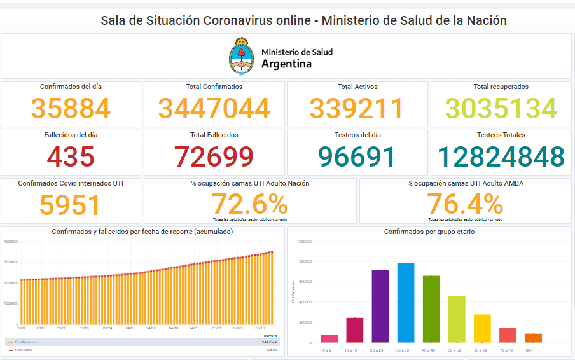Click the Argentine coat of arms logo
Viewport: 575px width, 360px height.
[x=240, y=56]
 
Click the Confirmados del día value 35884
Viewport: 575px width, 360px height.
[x=71, y=109]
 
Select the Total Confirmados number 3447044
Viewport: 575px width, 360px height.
[x=214, y=109]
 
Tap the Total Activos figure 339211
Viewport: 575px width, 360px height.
[x=357, y=109]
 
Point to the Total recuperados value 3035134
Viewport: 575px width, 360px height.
[x=501, y=109]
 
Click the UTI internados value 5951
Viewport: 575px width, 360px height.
[x=71, y=205]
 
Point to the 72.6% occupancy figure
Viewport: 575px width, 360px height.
[x=249, y=204]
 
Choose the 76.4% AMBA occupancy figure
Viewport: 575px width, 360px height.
[x=464, y=204]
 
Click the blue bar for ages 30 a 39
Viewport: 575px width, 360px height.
[x=405, y=302]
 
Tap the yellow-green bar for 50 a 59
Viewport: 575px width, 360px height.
[x=457, y=319]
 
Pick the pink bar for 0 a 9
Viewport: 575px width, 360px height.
[x=329, y=338]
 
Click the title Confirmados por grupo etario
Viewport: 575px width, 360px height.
[x=429, y=232]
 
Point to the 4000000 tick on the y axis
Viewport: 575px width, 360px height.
[x=10, y=242]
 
